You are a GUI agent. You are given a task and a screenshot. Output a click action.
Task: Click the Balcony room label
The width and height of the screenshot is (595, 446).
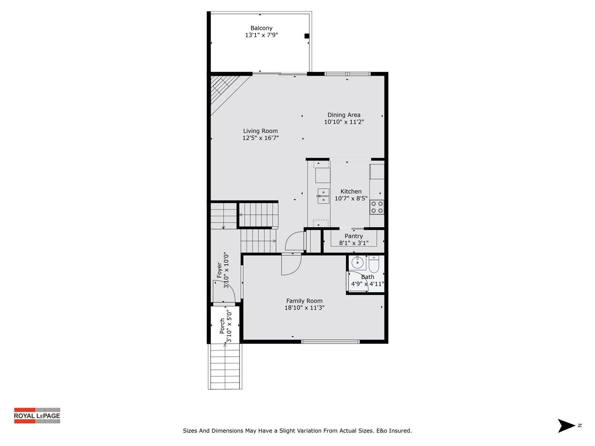coord(261,28)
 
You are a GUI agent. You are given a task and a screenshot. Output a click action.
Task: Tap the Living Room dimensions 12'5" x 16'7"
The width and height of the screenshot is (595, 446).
coord(261,138)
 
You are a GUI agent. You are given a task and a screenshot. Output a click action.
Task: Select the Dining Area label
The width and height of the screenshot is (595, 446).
coord(344,115)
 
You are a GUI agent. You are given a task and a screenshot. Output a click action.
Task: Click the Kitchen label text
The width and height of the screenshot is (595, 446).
coord(351,191)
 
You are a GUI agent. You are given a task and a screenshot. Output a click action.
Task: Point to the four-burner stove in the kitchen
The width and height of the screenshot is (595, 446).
coord(377,207)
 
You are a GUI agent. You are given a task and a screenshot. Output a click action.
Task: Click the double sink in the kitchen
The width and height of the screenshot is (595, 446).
coord(323,196)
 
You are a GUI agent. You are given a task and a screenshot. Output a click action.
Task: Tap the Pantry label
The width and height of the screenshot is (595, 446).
coord(353,236)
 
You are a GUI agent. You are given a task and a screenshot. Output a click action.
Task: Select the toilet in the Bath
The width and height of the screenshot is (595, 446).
coord(374,263)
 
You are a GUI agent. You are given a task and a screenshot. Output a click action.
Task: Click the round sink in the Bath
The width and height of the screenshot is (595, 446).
coord(358,262)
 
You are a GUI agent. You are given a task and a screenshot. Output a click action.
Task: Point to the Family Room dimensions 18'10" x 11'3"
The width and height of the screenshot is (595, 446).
coord(304,308)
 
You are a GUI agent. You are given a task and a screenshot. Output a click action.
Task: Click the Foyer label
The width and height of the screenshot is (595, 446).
coord(219,270)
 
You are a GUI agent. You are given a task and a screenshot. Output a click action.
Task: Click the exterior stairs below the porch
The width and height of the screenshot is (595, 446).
coord(225,366)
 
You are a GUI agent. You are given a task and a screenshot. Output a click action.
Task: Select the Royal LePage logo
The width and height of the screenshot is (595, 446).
coord(37,415)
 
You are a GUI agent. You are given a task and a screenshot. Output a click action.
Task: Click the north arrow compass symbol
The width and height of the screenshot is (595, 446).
coord(566,426)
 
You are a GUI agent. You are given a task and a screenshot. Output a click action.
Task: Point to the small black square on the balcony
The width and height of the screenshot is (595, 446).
coord(307,36)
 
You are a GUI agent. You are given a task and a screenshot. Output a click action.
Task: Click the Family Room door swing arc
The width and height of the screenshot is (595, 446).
coord(292,265)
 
